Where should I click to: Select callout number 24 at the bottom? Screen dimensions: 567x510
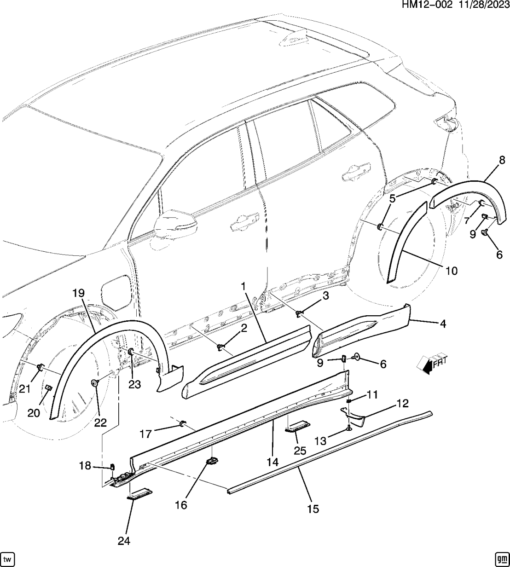coord(124,541)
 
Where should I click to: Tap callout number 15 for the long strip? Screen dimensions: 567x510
coord(313,509)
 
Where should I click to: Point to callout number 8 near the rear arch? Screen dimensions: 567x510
coord(502,160)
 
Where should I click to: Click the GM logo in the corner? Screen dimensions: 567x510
coord(500,558)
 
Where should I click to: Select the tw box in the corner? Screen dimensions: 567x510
coord(8,558)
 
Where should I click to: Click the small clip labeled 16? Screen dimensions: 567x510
coord(212,462)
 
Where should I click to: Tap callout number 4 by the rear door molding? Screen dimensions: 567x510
coord(443,324)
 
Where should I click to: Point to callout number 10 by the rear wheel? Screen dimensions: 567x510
coord(452,271)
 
